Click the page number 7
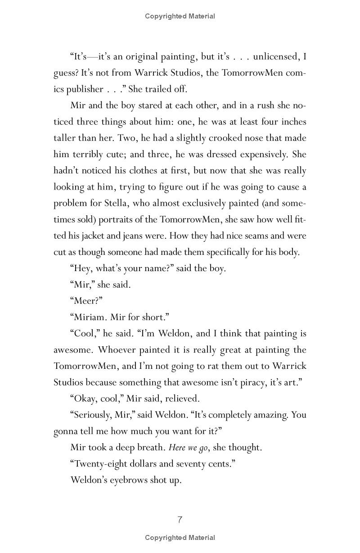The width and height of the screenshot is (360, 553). (180, 520)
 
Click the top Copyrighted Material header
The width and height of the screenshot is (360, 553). (180, 16)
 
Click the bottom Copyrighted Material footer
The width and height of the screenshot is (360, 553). (180, 537)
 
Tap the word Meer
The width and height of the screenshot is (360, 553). (87, 301)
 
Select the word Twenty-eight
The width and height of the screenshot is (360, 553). (99, 463)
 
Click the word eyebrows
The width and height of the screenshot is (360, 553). (128, 480)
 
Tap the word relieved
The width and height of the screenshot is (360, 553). (182, 399)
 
